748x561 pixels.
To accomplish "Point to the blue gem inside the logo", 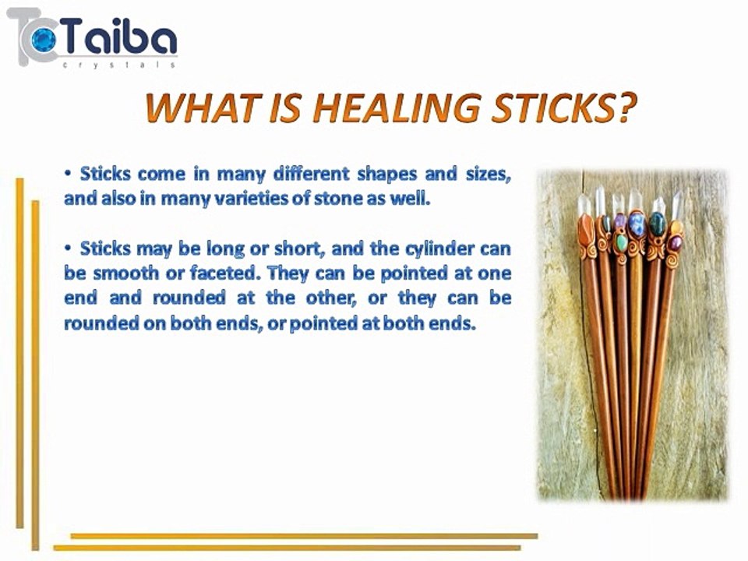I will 41,37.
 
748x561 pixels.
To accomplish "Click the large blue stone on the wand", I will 637,225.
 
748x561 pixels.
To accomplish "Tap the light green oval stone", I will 621,242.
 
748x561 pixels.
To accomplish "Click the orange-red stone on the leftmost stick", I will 587,228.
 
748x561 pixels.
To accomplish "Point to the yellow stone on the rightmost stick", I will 676,228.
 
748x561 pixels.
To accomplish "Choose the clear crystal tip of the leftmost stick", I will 584,204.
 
